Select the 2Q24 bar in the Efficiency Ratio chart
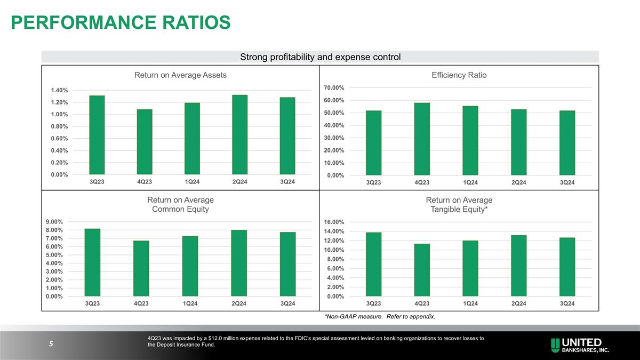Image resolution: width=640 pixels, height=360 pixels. tap(518, 142)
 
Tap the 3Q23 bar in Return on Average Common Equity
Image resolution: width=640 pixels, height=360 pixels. tap(92, 262)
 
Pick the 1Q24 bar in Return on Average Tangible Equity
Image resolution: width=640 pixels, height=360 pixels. tap(470, 268)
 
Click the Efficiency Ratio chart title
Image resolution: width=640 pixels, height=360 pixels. tap(459, 75)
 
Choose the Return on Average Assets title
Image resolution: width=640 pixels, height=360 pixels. tap(180, 75)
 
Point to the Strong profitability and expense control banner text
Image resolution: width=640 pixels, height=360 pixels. tap(320, 57)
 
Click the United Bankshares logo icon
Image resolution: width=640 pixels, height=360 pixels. tap(556, 345)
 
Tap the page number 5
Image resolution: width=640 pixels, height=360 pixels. tap(51, 344)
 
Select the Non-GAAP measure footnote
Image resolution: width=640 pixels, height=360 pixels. tap(380, 317)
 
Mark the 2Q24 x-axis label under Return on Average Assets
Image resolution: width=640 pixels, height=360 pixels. tap(239, 182)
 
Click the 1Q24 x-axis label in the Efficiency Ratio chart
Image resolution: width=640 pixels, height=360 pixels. tap(470, 183)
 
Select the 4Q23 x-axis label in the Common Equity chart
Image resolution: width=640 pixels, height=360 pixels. tap(141, 303)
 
